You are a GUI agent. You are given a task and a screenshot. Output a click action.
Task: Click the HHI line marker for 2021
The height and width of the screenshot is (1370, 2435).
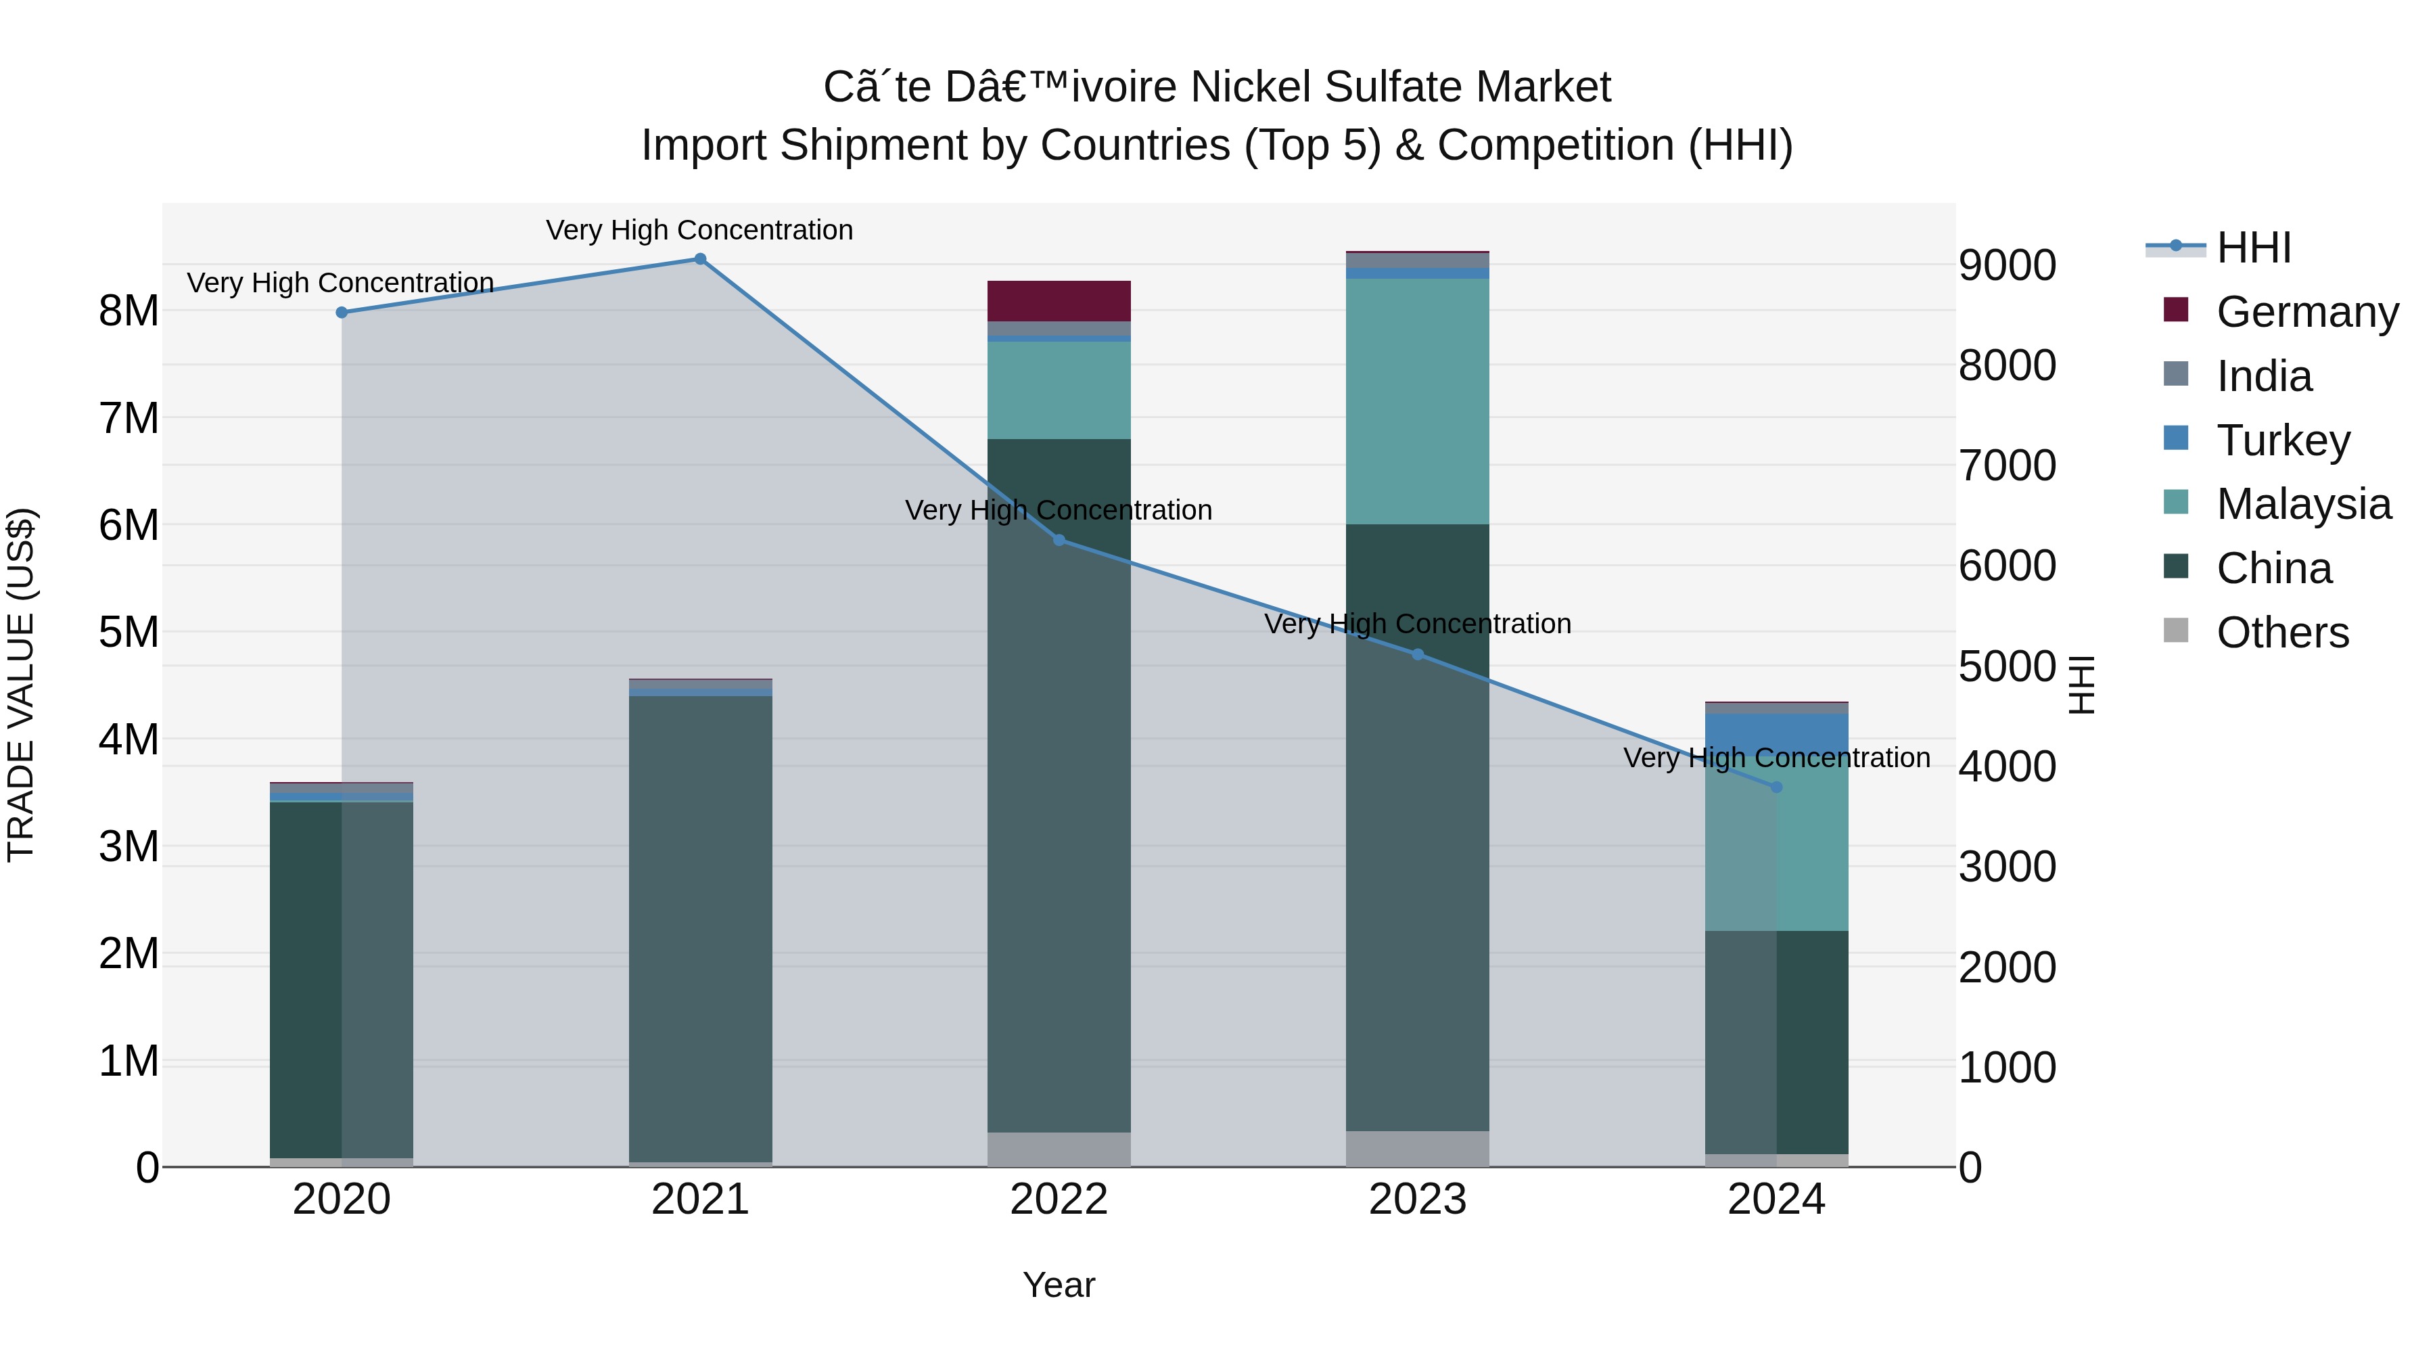(x=701, y=259)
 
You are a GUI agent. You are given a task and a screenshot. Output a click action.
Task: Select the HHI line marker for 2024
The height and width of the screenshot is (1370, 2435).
(x=1776, y=787)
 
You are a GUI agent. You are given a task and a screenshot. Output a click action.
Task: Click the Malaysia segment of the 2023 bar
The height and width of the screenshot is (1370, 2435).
(x=1417, y=401)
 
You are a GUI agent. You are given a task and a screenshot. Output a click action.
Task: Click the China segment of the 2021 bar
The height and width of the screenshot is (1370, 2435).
(x=701, y=927)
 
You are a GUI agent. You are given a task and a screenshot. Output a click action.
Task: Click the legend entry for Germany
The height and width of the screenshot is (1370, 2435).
(x=2306, y=312)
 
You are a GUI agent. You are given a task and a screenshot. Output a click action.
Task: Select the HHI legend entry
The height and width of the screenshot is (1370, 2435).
(x=2254, y=248)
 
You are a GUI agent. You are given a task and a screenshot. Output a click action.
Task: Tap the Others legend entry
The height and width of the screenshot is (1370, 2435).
(x=2282, y=633)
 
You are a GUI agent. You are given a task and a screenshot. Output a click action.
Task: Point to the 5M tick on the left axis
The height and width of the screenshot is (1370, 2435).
(x=129, y=632)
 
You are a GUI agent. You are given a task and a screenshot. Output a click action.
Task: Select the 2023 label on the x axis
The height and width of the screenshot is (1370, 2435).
(x=1417, y=1200)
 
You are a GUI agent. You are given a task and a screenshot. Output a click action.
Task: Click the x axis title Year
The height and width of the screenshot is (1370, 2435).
(x=1059, y=1285)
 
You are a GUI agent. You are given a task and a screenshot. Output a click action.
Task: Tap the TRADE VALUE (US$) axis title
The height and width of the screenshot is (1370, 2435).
(x=21, y=685)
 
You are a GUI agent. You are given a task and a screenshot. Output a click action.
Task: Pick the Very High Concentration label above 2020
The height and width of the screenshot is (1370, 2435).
(x=340, y=283)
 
